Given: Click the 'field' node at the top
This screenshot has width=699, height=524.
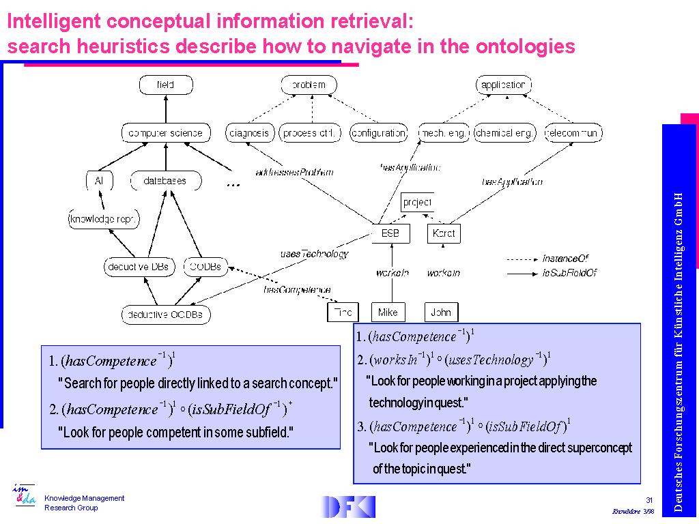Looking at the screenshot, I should point(166,85).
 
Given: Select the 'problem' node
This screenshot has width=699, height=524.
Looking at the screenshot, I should point(309,85).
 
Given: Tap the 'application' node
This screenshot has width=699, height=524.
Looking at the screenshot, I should point(503,85).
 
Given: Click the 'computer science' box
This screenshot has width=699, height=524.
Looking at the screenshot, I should point(165,132).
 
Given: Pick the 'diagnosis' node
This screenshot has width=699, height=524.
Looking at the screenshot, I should point(249,132).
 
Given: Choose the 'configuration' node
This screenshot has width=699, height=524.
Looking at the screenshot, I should point(378,132).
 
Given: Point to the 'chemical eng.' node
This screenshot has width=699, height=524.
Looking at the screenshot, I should point(504,132).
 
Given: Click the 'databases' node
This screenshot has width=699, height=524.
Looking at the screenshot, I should point(165,181).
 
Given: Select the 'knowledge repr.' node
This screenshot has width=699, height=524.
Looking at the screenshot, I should point(104,219).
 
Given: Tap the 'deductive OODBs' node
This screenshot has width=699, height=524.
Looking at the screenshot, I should point(166,315).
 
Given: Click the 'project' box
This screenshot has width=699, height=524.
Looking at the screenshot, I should point(417,203).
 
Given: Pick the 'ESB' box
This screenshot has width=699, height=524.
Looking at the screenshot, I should point(390,233).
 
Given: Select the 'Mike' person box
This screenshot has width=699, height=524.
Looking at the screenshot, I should point(388,312).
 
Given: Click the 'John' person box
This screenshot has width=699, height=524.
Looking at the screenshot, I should point(441,312).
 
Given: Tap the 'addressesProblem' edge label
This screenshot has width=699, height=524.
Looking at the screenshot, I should point(294,172).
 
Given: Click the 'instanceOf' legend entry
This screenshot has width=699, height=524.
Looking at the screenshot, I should point(565,259).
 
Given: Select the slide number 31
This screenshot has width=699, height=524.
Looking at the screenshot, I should point(649,500).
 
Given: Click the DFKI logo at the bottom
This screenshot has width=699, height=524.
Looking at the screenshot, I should point(348,506).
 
